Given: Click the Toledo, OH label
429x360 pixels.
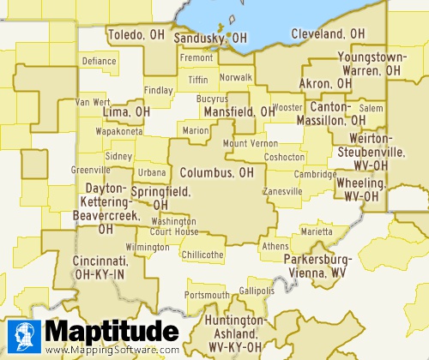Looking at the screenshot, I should (x=136, y=35).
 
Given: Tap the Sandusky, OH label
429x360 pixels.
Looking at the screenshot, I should (x=210, y=39).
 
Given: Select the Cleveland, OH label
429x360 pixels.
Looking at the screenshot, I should (x=328, y=34).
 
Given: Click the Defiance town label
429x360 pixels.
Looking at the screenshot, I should (x=99, y=62).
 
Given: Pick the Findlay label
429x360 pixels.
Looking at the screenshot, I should (x=158, y=90).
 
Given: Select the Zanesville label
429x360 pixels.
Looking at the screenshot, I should (x=282, y=191).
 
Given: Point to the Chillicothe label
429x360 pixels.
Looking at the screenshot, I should (x=202, y=255).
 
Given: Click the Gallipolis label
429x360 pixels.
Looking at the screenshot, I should (x=257, y=291).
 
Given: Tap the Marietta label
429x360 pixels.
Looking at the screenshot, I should (x=316, y=231).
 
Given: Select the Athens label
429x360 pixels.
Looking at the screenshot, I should (x=275, y=246).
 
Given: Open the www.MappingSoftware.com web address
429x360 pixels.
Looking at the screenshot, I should (x=112, y=350).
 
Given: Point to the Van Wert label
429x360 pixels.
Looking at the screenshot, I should (x=93, y=102).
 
